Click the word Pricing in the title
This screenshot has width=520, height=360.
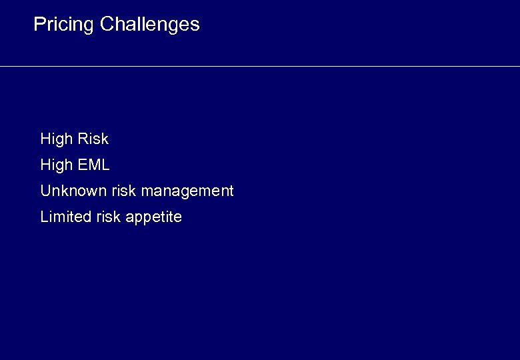(63, 25)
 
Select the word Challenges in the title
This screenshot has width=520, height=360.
(149, 25)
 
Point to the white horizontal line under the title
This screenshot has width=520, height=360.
(260, 66)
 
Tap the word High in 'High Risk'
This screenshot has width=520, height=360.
(56, 139)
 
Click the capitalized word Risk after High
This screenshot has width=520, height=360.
(93, 139)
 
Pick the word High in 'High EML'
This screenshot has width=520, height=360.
(56, 165)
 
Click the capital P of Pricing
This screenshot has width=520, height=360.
(39, 25)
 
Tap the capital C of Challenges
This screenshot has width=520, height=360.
(107, 25)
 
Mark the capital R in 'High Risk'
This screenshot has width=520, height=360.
(83, 139)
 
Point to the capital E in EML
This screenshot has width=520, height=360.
(83, 165)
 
